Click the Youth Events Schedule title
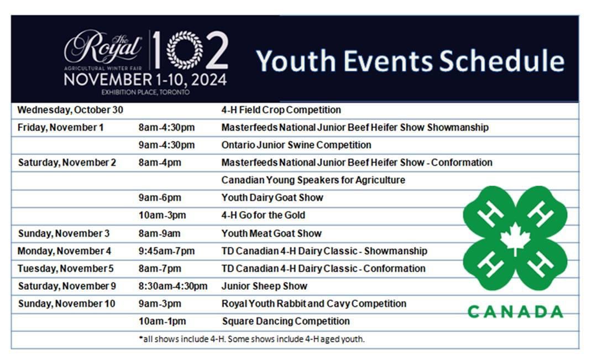point(410,61)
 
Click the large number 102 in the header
point(189,50)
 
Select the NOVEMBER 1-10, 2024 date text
point(145,80)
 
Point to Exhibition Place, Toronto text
point(145,92)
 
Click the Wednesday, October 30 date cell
point(70,109)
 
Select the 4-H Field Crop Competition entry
point(281,109)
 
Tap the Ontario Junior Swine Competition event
point(296,145)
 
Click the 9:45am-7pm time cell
point(166,251)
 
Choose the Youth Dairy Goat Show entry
point(272,197)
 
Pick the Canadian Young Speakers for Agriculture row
point(313,180)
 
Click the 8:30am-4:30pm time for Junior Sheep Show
point(173,286)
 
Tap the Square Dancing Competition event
point(286,321)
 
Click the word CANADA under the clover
point(515,311)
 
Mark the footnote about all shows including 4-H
point(252,339)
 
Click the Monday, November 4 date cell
point(64,251)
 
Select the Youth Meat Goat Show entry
point(271,233)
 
